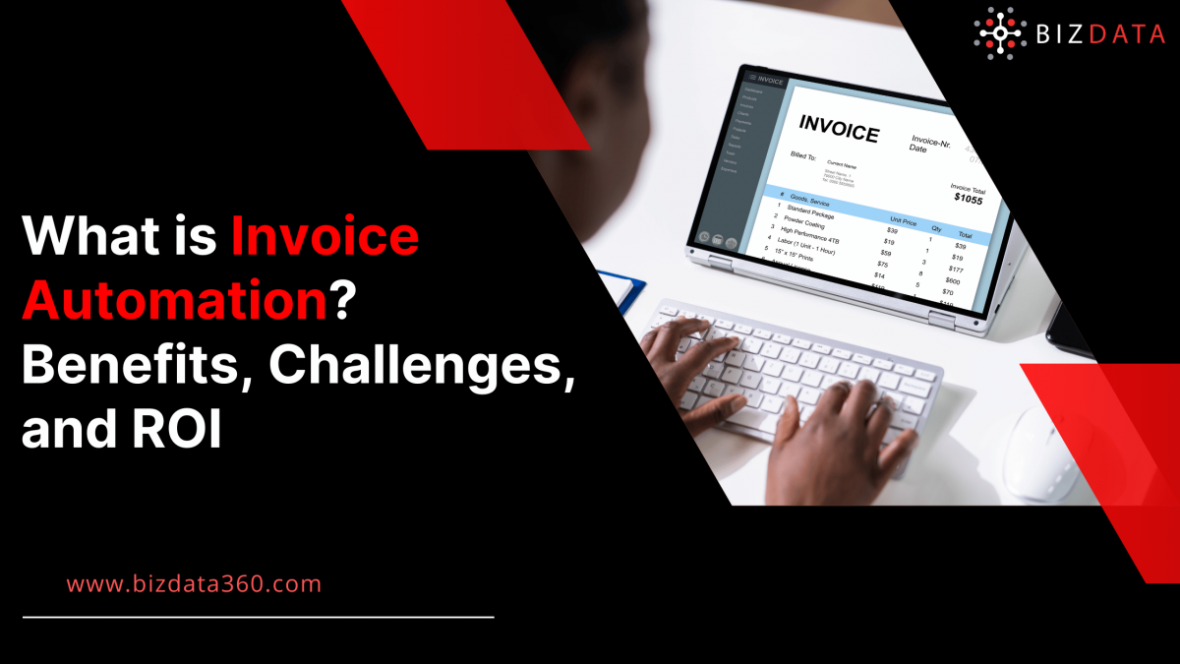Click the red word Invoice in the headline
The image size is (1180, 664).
point(324,240)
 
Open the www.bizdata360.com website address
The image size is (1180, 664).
point(194,583)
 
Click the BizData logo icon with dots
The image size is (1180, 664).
point(1000,32)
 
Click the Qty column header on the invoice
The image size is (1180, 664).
point(937,229)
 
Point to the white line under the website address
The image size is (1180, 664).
point(258,617)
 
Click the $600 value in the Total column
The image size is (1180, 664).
point(953,280)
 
